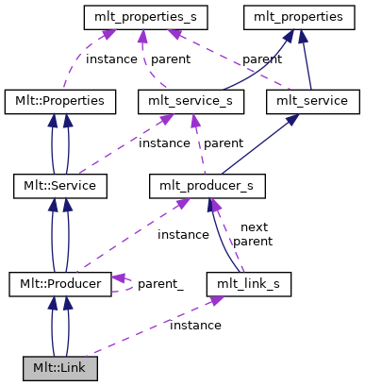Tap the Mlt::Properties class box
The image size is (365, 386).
(60, 100)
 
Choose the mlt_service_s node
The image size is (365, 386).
(191, 100)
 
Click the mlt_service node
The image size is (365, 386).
(312, 100)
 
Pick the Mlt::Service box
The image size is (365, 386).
(60, 186)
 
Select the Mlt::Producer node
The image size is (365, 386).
(60, 282)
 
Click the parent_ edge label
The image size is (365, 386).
(160, 283)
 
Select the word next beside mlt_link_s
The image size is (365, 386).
(255, 227)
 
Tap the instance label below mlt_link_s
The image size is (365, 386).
(195, 325)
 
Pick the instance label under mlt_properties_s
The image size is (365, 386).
(111, 59)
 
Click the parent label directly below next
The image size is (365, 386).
(252, 242)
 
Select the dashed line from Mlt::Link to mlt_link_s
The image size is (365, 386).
(151, 331)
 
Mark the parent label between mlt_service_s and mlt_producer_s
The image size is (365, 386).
(224, 143)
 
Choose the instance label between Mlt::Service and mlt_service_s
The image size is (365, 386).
(164, 143)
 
